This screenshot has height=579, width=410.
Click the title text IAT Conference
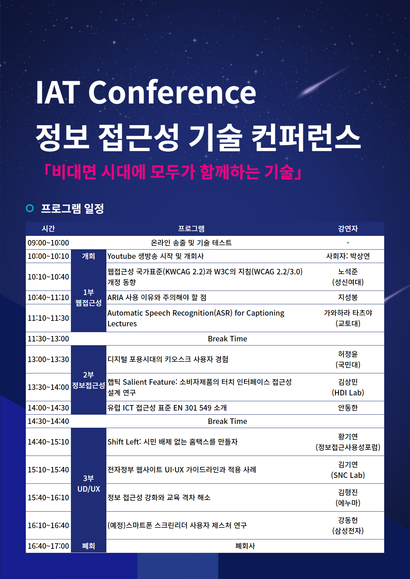coord(146,92)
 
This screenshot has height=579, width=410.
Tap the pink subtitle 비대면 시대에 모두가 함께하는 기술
coord(173,172)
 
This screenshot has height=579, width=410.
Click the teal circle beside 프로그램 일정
coord(30,208)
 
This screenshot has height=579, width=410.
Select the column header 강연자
coord(348,229)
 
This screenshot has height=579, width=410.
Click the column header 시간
coord(49,229)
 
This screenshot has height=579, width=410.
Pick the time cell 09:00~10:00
coord(49,243)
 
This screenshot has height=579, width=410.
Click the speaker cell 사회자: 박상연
coord(348,256)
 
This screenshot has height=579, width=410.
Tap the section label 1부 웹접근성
coord(88,297)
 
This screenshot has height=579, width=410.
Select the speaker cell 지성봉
coord(348,297)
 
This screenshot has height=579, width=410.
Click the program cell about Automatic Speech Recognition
coord(196,318)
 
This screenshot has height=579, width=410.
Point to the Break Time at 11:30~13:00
coord(227,339)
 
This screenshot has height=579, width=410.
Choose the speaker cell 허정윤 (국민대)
coord(348,359)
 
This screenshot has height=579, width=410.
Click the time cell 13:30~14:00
coord(49,387)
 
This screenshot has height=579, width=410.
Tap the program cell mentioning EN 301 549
coord(167,408)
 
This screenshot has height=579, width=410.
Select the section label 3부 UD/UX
coord(88,483)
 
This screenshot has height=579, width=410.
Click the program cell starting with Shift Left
coord(172,442)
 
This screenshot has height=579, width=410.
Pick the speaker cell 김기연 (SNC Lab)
coord(348,470)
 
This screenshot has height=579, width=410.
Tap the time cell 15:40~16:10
coord(49,498)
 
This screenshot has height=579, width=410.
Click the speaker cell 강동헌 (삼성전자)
coord(348,525)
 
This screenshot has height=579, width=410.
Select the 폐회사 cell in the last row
coord(245,546)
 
